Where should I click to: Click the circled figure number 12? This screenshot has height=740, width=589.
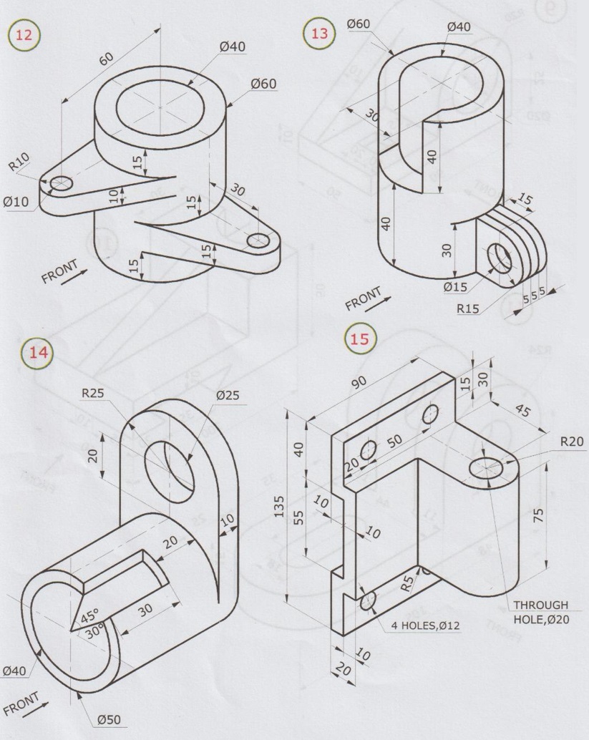pos(24,36)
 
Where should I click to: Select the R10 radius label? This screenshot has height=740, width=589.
pos(21,165)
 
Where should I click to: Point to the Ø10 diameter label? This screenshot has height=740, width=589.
pos(16,202)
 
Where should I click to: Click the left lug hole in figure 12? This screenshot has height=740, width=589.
pos(60,183)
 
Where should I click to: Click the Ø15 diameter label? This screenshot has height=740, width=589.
pos(456,286)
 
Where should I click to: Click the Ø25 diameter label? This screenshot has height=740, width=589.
pos(228,394)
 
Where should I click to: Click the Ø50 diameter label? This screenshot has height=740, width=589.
pos(108,719)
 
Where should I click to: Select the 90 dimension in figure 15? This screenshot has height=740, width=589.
pos(359,381)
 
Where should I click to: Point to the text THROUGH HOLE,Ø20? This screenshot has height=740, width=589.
pos(540,612)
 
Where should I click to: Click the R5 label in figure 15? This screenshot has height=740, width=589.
pos(407,583)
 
